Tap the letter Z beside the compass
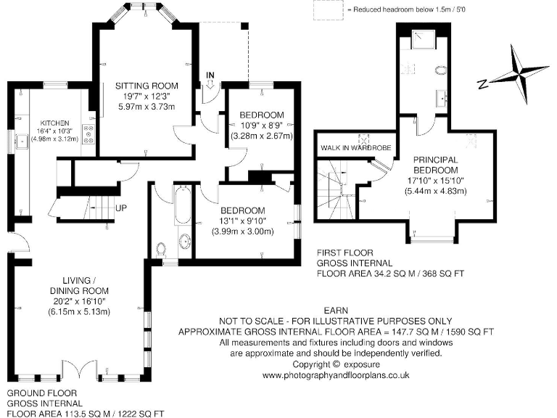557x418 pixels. click(482, 85)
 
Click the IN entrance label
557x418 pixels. click(210, 75)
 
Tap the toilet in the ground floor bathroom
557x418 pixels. click(162, 249)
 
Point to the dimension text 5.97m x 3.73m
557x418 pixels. click(147, 107)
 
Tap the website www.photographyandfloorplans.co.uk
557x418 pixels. click(336, 375)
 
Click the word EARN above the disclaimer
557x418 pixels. click(336, 310)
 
